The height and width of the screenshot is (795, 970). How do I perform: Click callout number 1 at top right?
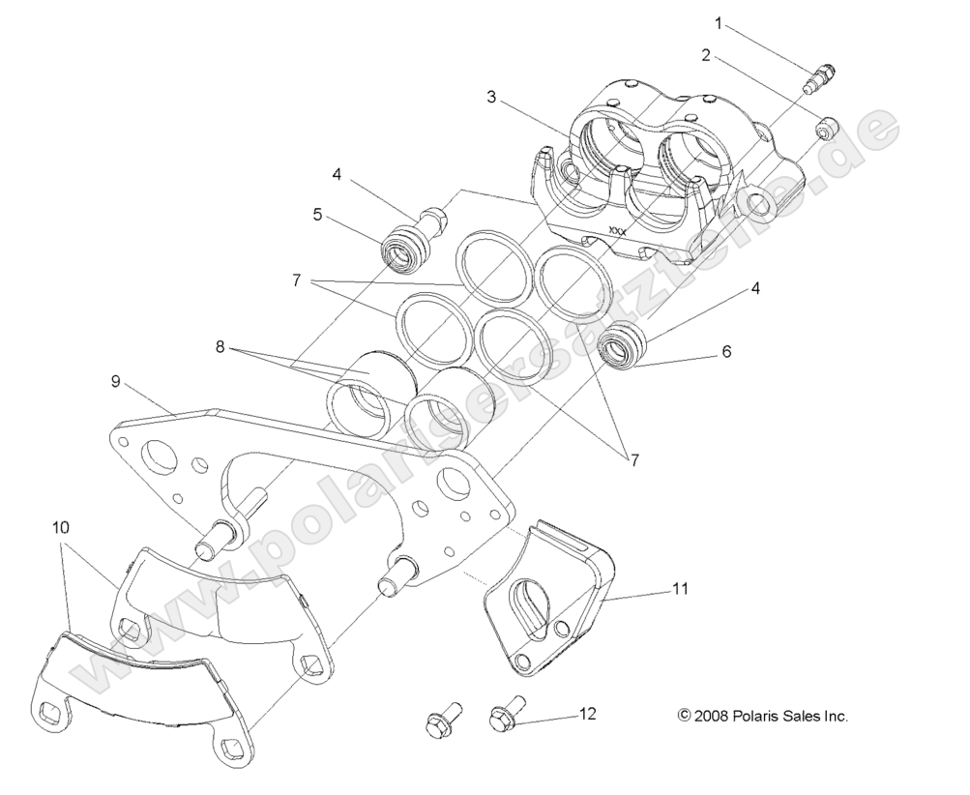718,21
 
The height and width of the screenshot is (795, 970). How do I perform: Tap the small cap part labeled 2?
826,128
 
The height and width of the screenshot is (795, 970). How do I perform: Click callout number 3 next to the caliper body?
491,97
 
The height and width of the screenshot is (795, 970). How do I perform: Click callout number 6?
725,352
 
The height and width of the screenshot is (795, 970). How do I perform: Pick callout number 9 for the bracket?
115,382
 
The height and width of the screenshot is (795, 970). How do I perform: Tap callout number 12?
587,714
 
